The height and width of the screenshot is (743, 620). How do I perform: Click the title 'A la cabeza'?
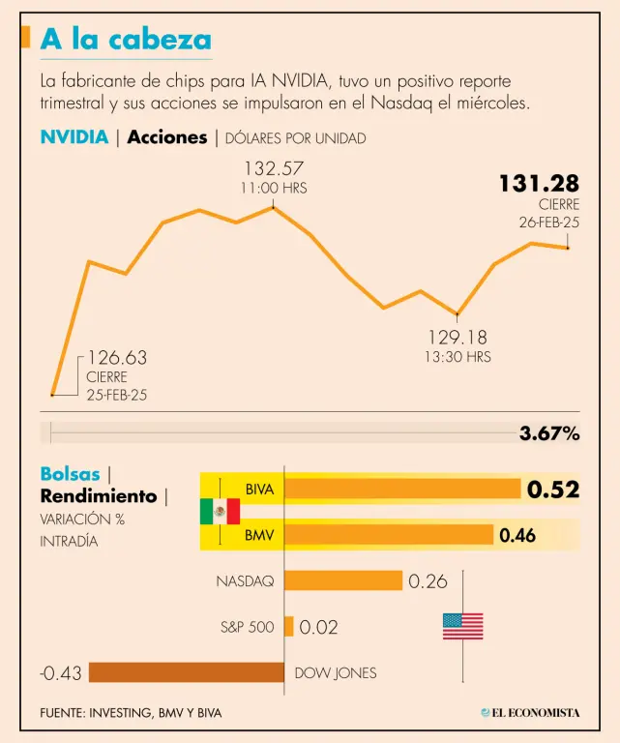pyautogui.click(x=126, y=40)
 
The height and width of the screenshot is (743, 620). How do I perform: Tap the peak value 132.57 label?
pyautogui.click(x=274, y=168)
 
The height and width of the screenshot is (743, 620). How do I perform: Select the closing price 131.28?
pyautogui.click(x=539, y=183)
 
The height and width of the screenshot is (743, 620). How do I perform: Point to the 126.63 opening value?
pyautogui.click(x=117, y=358)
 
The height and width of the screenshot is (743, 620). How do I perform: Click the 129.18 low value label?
pyautogui.click(x=458, y=338)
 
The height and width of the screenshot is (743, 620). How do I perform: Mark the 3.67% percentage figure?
pyautogui.click(x=549, y=433)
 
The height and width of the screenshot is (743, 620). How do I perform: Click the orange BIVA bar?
pyautogui.click(x=402, y=490)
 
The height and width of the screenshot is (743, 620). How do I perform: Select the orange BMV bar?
pyautogui.click(x=389, y=534)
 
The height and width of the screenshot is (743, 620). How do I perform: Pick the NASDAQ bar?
pyautogui.click(x=343, y=580)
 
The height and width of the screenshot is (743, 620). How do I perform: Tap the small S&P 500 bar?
pyautogui.click(x=288, y=627)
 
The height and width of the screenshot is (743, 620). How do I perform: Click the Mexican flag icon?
pyautogui.click(x=220, y=512)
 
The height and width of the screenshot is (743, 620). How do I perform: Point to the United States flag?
pyautogui.click(x=462, y=626)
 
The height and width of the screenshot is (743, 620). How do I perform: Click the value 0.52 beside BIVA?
pyautogui.click(x=552, y=490)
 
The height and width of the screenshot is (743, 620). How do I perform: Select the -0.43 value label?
pyautogui.click(x=60, y=672)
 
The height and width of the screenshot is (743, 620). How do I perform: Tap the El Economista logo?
pyautogui.click(x=530, y=713)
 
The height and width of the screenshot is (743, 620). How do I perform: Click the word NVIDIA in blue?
pyautogui.click(x=74, y=137)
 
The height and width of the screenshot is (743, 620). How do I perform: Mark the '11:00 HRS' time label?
pyautogui.click(x=274, y=189)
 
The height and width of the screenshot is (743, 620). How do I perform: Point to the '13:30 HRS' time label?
pyautogui.click(x=458, y=357)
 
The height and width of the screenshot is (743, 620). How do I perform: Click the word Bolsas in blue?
pyautogui.click(x=70, y=474)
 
